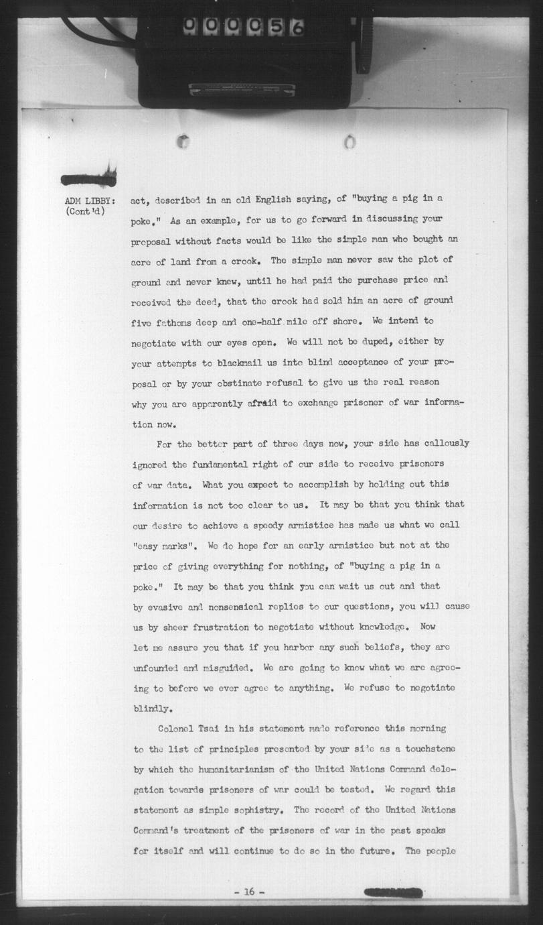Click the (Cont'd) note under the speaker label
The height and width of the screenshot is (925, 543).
[x=86, y=212]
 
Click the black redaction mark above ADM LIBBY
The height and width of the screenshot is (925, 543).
[x=89, y=179]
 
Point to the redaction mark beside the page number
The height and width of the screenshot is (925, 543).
[x=393, y=892]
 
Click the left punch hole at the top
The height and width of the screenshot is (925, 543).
[x=183, y=141]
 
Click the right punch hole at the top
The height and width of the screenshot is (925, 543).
[x=350, y=141]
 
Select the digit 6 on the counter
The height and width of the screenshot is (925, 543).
[x=297, y=27]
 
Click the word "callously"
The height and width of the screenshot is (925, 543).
[x=443, y=443]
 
